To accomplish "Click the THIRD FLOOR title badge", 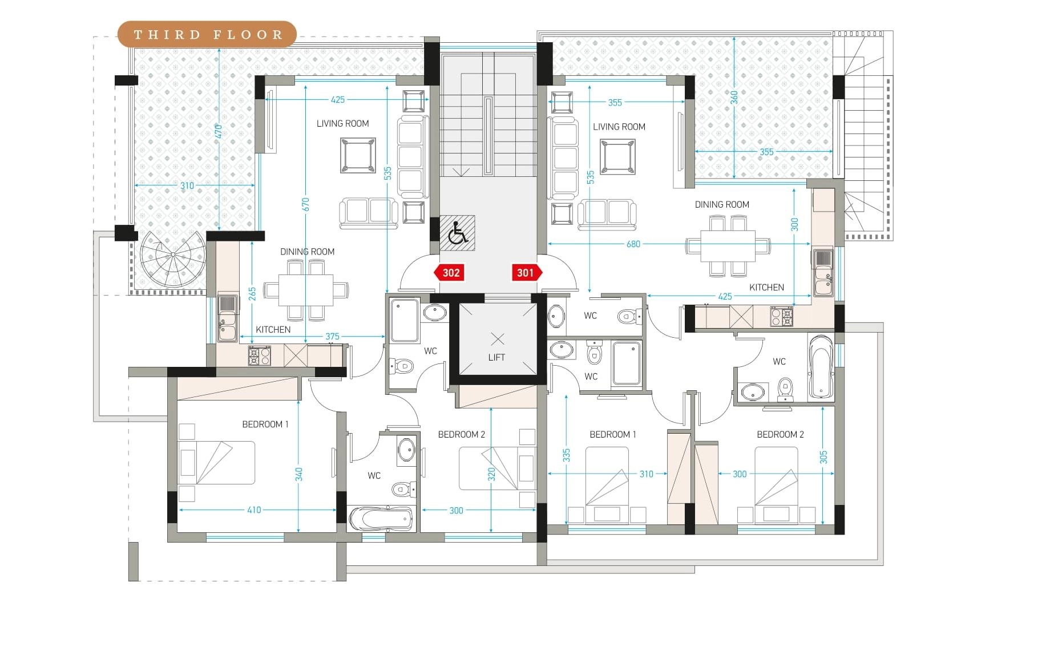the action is coord(207,34).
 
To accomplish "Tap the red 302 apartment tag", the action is coord(449,273).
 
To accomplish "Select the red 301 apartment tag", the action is coord(527,273).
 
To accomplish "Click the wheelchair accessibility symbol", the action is coord(457,233).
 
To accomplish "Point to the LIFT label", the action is coord(496,358).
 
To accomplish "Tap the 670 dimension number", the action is coord(306,204).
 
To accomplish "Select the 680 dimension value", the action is coord(633,244).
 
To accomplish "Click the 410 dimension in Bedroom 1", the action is coord(254,510).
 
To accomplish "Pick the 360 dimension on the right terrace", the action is coord(734,97).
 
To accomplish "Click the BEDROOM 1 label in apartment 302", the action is coord(265,424).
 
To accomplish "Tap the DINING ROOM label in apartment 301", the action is coord(722,205).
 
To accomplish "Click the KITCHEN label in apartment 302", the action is coord(273,330).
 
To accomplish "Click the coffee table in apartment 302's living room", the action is coord(358,155).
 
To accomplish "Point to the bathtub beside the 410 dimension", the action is coord(380,519).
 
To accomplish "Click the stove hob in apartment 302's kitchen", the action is coord(259,356).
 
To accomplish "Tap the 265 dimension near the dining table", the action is coord(252,293).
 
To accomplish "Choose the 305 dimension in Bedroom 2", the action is coord(823,458).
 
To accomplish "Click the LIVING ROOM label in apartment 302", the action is coord(342,124).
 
